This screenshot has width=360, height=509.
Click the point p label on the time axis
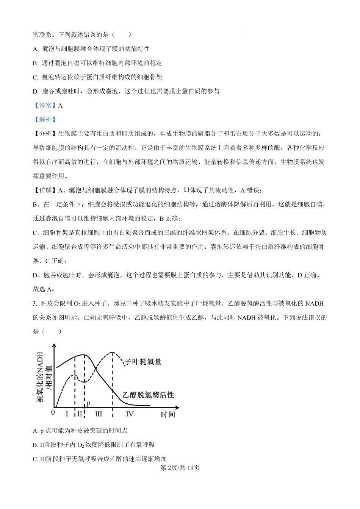tap(88, 403)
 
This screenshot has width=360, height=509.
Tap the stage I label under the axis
tap(67, 414)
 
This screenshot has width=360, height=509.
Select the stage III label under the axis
tap(99, 414)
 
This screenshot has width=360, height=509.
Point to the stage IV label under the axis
tap(130, 414)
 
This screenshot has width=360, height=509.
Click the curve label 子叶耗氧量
tap(143, 362)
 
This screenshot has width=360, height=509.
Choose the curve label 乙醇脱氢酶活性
tap(148, 395)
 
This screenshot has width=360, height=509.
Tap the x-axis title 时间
tap(167, 414)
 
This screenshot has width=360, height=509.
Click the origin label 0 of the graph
tap(53, 412)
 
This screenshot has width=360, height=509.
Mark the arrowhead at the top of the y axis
tap(54, 345)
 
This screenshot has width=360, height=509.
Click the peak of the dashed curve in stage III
tap(113, 352)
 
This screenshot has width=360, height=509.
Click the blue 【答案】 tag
tap(45, 105)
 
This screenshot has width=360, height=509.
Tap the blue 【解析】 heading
tap(45, 119)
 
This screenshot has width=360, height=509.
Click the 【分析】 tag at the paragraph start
tap(45, 134)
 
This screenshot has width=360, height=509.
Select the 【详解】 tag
tap(45, 190)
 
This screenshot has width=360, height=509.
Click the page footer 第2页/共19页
tap(180, 468)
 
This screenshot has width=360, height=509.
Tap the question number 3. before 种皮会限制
tap(35, 303)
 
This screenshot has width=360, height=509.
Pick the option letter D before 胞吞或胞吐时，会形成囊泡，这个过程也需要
tap(36, 91)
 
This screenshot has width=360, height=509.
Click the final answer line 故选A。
tap(44, 289)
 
